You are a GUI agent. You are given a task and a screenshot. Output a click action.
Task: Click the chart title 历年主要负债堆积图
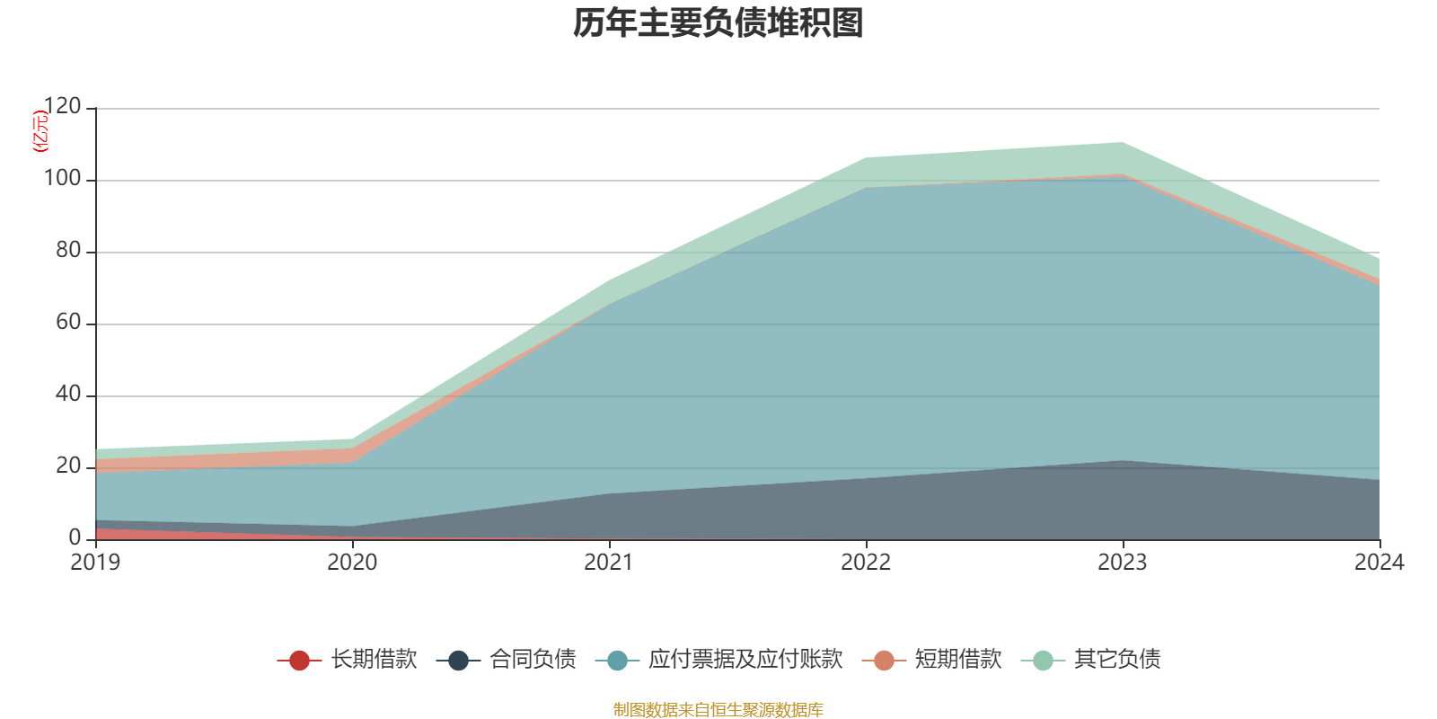pyautogui.click(x=718, y=23)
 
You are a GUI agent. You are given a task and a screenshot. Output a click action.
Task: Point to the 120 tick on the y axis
pyautogui.click(x=62, y=107)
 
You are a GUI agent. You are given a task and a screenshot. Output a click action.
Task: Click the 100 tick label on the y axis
pyautogui.click(x=62, y=179)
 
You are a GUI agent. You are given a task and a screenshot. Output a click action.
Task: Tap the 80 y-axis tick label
pyautogui.click(x=68, y=251)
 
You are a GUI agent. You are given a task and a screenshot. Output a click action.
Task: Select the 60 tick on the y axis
pyautogui.click(x=68, y=323)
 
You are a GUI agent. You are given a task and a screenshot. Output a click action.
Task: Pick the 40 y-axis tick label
pyautogui.click(x=68, y=395)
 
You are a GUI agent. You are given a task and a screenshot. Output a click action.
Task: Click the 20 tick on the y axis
pyautogui.click(x=68, y=466)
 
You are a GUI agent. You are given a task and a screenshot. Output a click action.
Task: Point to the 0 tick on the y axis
pyautogui.click(x=75, y=538)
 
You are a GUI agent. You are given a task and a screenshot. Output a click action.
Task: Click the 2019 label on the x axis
pyautogui.click(x=96, y=563)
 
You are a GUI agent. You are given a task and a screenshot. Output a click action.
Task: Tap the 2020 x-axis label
pyautogui.click(x=352, y=563)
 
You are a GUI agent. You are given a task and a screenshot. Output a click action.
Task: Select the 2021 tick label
pyautogui.click(x=609, y=563)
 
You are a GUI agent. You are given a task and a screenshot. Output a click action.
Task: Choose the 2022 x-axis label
pyautogui.click(x=866, y=563)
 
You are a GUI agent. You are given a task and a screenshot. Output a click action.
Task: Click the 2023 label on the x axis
pyautogui.click(x=1123, y=563)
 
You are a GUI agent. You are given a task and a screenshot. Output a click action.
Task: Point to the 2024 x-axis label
pyautogui.click(x=1379, y=563)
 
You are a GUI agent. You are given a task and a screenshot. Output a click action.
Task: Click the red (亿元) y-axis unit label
pyautogui.click(x=40, y=131)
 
